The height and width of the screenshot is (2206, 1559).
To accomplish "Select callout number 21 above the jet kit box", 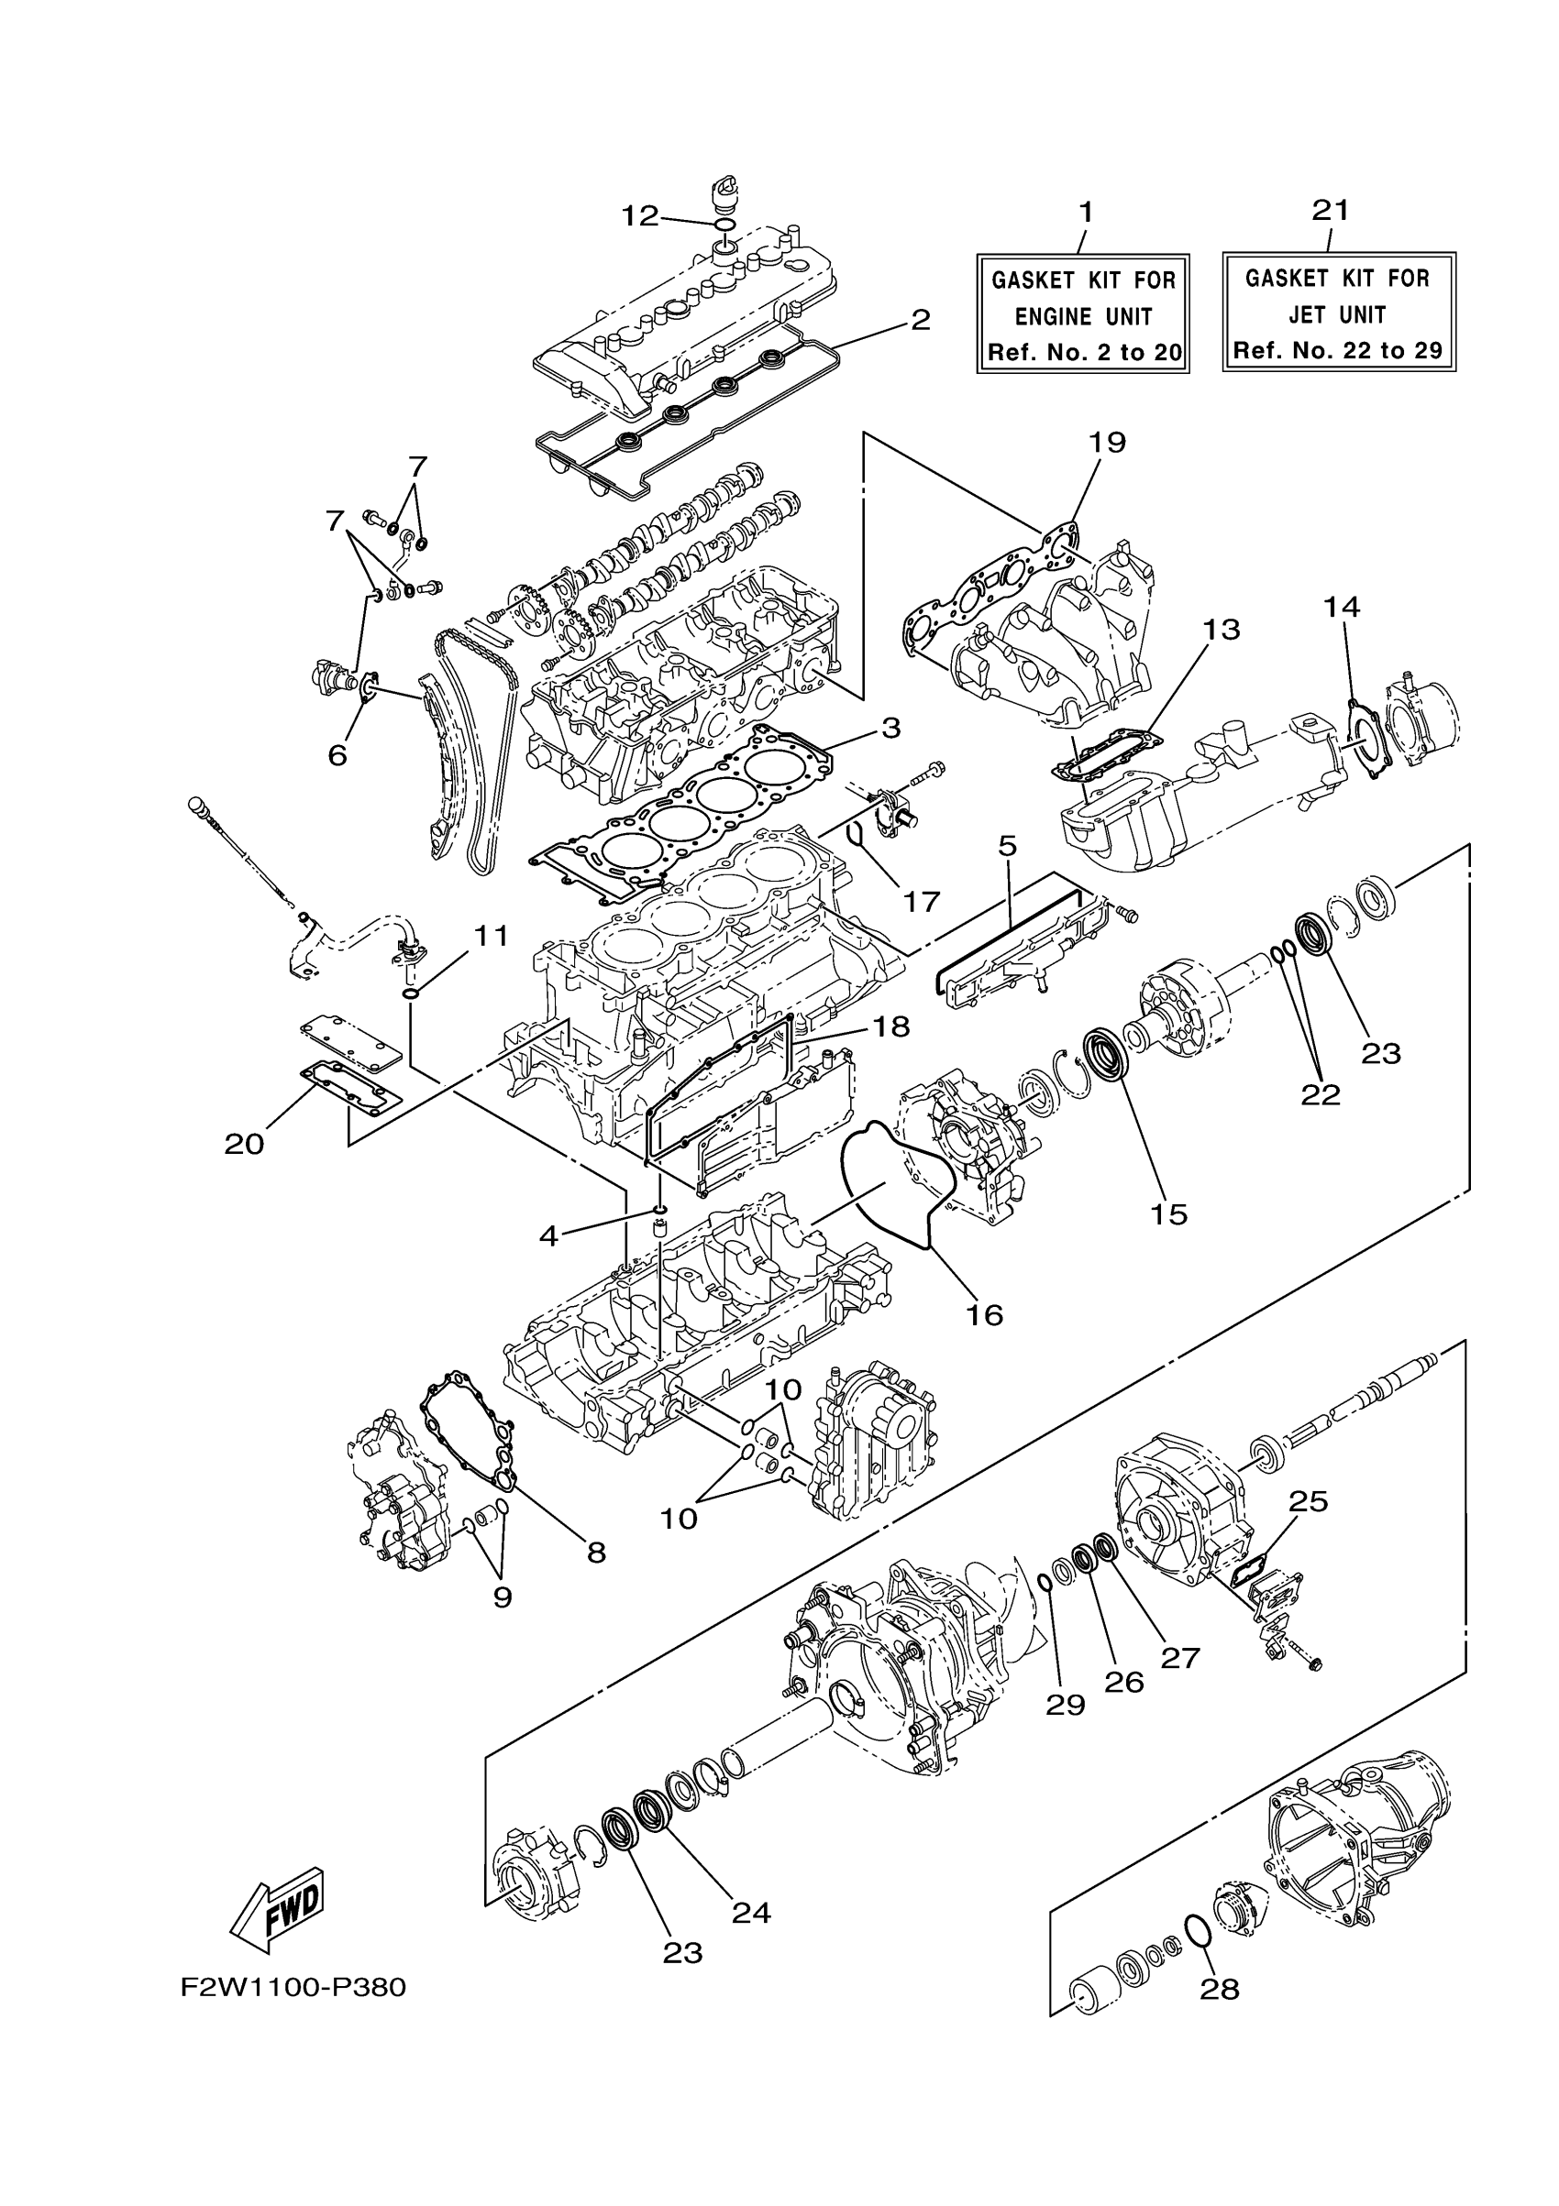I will [1331, 210].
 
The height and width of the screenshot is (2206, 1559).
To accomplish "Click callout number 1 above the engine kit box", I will [1086, 212].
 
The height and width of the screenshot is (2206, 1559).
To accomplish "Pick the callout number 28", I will [1220, 1988].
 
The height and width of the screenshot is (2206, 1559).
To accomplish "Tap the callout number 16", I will [983, 1313].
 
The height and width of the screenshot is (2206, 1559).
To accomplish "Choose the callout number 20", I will [244, 1144].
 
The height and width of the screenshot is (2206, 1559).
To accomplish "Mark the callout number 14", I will [1341, 607].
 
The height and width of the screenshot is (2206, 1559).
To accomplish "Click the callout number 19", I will [1107, 442].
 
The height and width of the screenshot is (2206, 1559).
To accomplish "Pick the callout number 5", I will [1006, 847].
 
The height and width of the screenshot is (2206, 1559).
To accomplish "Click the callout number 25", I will [1308, 1501].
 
